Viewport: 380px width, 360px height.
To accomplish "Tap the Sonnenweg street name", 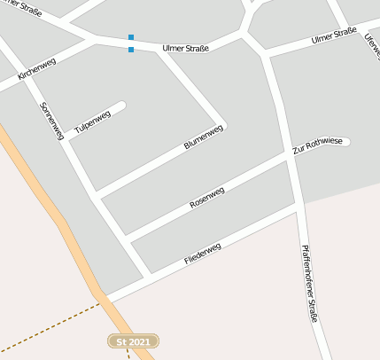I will tap(52, 120).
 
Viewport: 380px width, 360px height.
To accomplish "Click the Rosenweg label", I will tap(207, 198).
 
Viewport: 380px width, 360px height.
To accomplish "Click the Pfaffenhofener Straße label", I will tap(309, 284).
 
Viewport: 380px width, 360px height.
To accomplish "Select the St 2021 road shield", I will tap(133, 340).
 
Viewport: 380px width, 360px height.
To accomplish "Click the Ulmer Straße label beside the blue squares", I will tap(186, 47).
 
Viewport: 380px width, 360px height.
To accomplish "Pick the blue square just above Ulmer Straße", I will tap(131, 37).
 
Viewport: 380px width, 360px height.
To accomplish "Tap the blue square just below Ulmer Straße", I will tap(131, 50).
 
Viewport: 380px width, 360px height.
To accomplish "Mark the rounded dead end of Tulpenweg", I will tap(121, 106).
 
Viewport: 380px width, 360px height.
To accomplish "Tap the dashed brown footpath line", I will tap(49, 325).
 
